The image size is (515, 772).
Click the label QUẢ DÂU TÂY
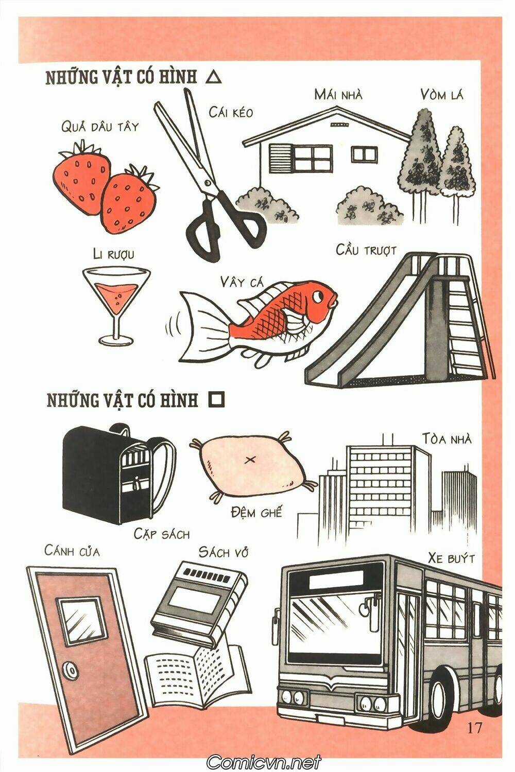pos(100,126)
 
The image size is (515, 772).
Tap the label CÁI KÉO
pos(231,112)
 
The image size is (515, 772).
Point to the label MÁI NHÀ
pos(338,94)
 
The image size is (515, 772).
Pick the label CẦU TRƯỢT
pos(366,250)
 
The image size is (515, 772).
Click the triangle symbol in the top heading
pos(214,78)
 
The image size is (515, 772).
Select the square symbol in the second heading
pos(216,400)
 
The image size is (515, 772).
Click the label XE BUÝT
pos(451,558)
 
